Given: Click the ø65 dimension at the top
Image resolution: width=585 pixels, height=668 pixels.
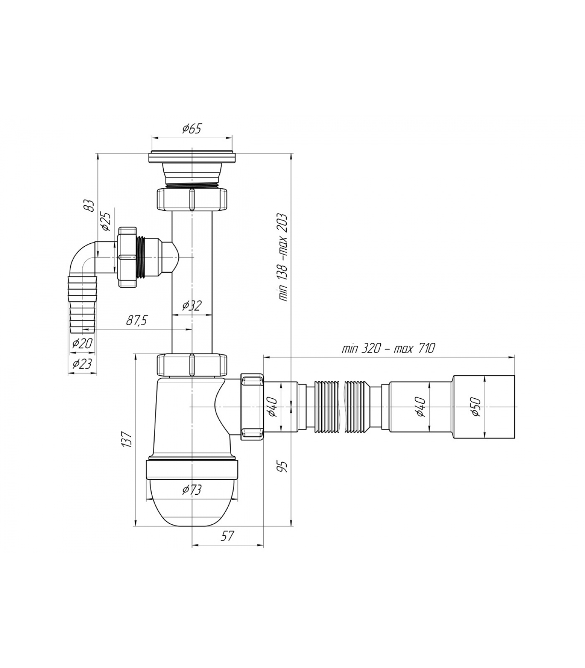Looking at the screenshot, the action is coord(192,129).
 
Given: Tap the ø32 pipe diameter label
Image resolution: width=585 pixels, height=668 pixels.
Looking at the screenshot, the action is coord(192,306).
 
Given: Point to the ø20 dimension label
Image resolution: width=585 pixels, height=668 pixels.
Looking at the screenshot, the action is coord(82,343).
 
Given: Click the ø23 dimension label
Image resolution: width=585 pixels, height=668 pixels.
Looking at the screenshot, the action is coord(82,364).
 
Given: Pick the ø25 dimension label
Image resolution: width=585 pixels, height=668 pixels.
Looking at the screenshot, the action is coord(106,222).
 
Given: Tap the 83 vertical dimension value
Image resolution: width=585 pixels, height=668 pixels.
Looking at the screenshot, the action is coord(89,205).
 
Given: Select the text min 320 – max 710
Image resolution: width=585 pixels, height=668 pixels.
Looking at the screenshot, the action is coord(388,348).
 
